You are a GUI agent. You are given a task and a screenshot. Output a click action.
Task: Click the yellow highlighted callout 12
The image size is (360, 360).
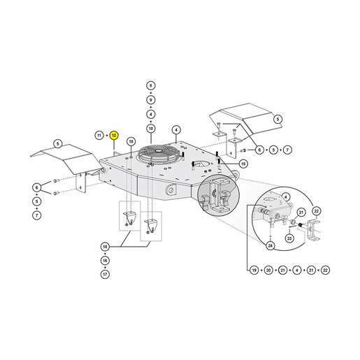114,136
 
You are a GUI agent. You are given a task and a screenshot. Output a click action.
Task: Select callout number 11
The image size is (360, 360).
99,136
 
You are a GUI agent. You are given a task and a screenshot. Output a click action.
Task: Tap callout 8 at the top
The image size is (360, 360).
151,85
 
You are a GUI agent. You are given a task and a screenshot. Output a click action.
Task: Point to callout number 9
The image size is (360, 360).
151,100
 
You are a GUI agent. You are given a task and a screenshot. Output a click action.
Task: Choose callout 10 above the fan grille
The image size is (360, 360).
151,129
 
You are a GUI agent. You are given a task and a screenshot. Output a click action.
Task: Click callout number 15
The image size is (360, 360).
243,164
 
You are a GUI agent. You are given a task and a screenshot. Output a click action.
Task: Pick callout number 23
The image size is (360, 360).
289,238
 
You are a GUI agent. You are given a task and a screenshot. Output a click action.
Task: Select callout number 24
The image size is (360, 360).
271,245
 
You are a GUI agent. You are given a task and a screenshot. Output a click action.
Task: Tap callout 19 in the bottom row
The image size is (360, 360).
254,271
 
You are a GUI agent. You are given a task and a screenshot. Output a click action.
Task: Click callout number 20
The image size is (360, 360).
268,271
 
